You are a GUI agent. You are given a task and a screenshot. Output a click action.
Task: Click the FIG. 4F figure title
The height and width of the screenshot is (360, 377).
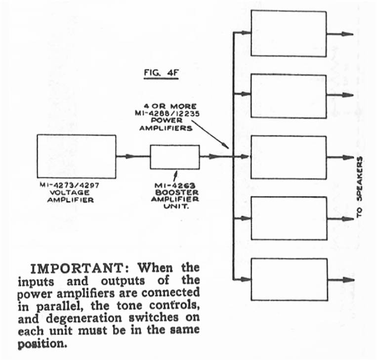pyautogui.click(x=162, y=73)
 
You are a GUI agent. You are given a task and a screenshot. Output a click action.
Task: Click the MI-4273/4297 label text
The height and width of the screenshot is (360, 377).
pyautogui.click(x=70, y=185)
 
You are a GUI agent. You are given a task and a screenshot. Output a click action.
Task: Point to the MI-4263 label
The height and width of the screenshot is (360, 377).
pyautogui.click(x=175, y=186)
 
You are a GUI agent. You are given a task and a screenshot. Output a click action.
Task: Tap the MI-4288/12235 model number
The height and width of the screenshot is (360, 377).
pyautogui.click(x=167, y=114)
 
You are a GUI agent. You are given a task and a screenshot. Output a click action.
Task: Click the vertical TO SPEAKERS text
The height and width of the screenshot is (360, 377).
pyautogui.click(x=359, y=188)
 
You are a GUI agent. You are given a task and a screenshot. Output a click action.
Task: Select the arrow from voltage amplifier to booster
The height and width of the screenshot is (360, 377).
pyautogui.click(x=133, y=157)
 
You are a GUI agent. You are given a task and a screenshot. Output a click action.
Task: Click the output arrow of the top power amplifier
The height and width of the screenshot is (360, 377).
pyautogui.click(x=340, y=34)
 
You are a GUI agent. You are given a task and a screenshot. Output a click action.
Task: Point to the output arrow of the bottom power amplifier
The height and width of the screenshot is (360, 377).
pyautogui.click(x=341, y=280)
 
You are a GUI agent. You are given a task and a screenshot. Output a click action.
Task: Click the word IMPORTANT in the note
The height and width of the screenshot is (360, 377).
pyautogui.click(x=77, y=269)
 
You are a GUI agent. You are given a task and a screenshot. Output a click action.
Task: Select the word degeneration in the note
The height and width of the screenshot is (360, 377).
pyautogui.click(x=84, y=319)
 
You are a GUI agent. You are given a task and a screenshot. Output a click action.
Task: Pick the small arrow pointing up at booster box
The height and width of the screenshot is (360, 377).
pyautogui.click(x=175, y=175)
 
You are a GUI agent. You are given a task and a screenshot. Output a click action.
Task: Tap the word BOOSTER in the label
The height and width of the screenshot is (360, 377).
pyautogui.click(x=177, y=193)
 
